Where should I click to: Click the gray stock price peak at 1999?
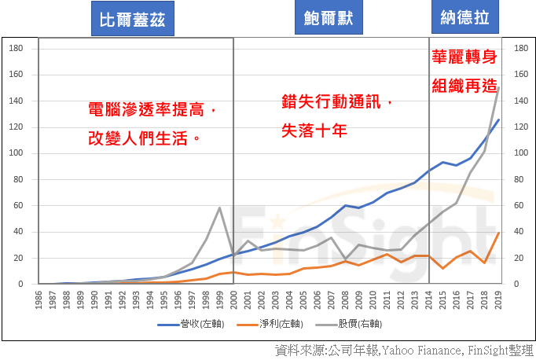(219, 208)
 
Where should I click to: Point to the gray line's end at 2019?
(498, 88)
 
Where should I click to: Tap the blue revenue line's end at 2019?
(498, 119)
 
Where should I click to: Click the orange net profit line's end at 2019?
(498, 233)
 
